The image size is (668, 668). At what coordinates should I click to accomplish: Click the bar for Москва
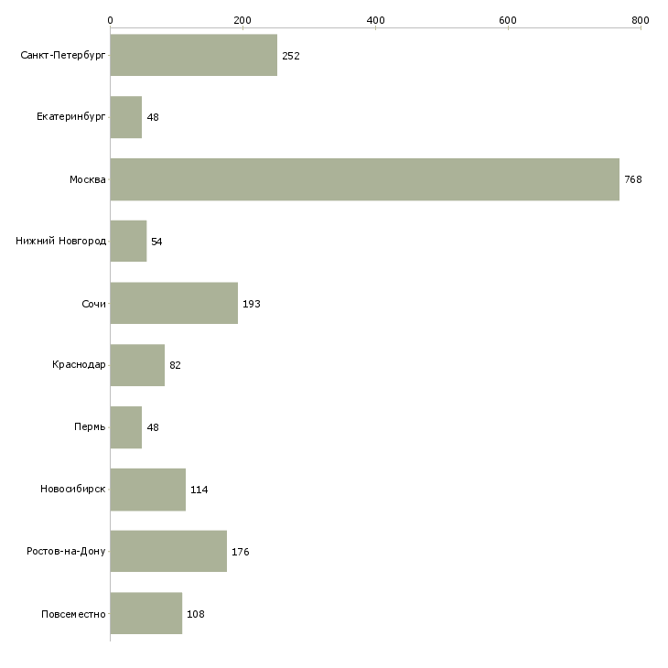364,179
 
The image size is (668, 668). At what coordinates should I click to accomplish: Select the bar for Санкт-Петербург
193,55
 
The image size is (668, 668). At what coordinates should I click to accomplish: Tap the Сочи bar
174,303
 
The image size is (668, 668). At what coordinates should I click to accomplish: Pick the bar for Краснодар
137,365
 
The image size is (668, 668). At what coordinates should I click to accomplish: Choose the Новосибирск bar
147,490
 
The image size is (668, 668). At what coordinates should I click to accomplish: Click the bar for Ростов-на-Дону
168,552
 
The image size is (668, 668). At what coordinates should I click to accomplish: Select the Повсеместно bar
145,613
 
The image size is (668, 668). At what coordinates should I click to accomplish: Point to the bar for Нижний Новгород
128,242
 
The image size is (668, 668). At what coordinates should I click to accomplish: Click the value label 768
633,179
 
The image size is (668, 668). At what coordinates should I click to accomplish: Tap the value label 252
291,56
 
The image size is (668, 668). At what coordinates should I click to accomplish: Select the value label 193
252,304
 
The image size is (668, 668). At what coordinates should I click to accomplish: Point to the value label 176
241,552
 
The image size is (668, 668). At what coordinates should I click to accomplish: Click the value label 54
156,242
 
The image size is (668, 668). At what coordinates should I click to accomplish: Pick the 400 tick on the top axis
375,19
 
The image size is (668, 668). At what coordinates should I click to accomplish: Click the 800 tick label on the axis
640,19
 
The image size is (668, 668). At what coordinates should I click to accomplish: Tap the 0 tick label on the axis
110,19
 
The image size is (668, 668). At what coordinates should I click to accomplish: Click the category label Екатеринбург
70,117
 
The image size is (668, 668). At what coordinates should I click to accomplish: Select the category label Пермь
90,427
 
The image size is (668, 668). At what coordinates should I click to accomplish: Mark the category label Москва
88,179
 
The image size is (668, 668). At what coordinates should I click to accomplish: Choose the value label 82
175,365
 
